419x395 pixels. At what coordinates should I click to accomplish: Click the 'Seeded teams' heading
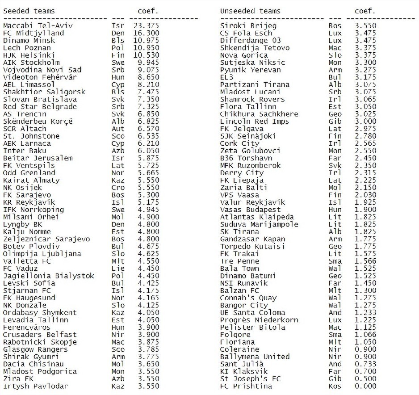29,11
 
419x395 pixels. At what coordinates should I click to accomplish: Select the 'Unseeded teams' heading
250,11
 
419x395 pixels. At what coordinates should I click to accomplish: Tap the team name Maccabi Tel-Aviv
38,26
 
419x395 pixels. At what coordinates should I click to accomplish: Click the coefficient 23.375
146,26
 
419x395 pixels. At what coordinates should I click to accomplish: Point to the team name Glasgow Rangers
33,349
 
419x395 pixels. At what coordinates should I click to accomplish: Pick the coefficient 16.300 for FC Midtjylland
146,33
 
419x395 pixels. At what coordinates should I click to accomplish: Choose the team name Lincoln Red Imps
255,122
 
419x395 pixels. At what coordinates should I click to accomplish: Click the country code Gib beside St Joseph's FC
335,379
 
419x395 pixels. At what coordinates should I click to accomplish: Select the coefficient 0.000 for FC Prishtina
365,386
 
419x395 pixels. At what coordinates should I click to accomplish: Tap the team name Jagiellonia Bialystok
49,276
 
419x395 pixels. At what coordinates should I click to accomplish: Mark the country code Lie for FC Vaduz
118,269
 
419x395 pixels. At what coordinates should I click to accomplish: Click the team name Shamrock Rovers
252,99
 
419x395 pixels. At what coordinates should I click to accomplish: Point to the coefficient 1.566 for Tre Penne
365,261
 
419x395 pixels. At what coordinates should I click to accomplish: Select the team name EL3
227,77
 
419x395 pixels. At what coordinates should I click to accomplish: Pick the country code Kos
335,386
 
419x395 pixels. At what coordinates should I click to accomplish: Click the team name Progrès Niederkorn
259,320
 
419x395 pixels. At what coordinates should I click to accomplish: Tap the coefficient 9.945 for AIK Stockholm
148,63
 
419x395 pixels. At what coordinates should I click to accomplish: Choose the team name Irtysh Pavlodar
35,386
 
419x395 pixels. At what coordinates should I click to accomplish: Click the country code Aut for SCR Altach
118,129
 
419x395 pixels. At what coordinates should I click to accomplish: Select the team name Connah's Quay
248,298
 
